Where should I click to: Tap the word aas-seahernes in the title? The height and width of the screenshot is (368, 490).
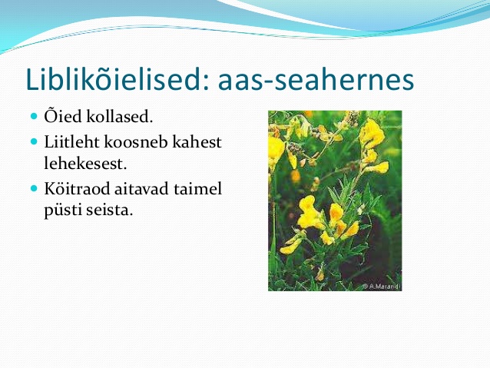316,80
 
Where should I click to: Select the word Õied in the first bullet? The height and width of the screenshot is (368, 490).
63,115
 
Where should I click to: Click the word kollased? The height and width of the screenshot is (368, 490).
120,116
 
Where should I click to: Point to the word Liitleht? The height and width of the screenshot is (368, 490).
72,141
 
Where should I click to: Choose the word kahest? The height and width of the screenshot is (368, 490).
197,141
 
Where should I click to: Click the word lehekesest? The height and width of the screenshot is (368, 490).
85,163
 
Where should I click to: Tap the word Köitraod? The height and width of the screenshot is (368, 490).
77,188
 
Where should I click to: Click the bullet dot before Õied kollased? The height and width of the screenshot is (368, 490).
34,117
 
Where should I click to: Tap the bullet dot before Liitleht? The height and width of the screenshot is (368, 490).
34,141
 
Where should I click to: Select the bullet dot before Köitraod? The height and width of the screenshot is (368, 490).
34,188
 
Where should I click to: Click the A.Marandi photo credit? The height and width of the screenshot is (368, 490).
382,287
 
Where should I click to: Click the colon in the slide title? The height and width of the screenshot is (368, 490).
205,82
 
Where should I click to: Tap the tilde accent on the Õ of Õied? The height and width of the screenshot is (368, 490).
51,109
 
